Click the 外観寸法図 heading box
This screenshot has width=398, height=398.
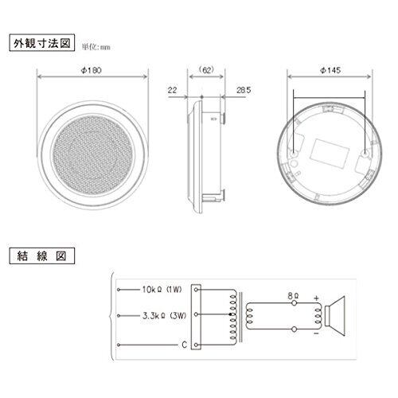click(x=42, y=42)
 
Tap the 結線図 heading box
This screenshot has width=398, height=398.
click(x=42, y=256)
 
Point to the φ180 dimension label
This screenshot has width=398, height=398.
click(x=92, y=70)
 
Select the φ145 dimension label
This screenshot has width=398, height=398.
click(x=330, y=70)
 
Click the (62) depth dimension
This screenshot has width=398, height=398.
click(x=206, y=70)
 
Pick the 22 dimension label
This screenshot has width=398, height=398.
click(x=172, y=90)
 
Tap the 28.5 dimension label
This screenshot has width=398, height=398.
click(x=244, y=90)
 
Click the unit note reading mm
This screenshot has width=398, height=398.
click(x=105, y=48)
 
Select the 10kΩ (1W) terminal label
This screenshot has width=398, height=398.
click(x=162, y=289)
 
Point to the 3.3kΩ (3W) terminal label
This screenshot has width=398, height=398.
click(x=165, y=315)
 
